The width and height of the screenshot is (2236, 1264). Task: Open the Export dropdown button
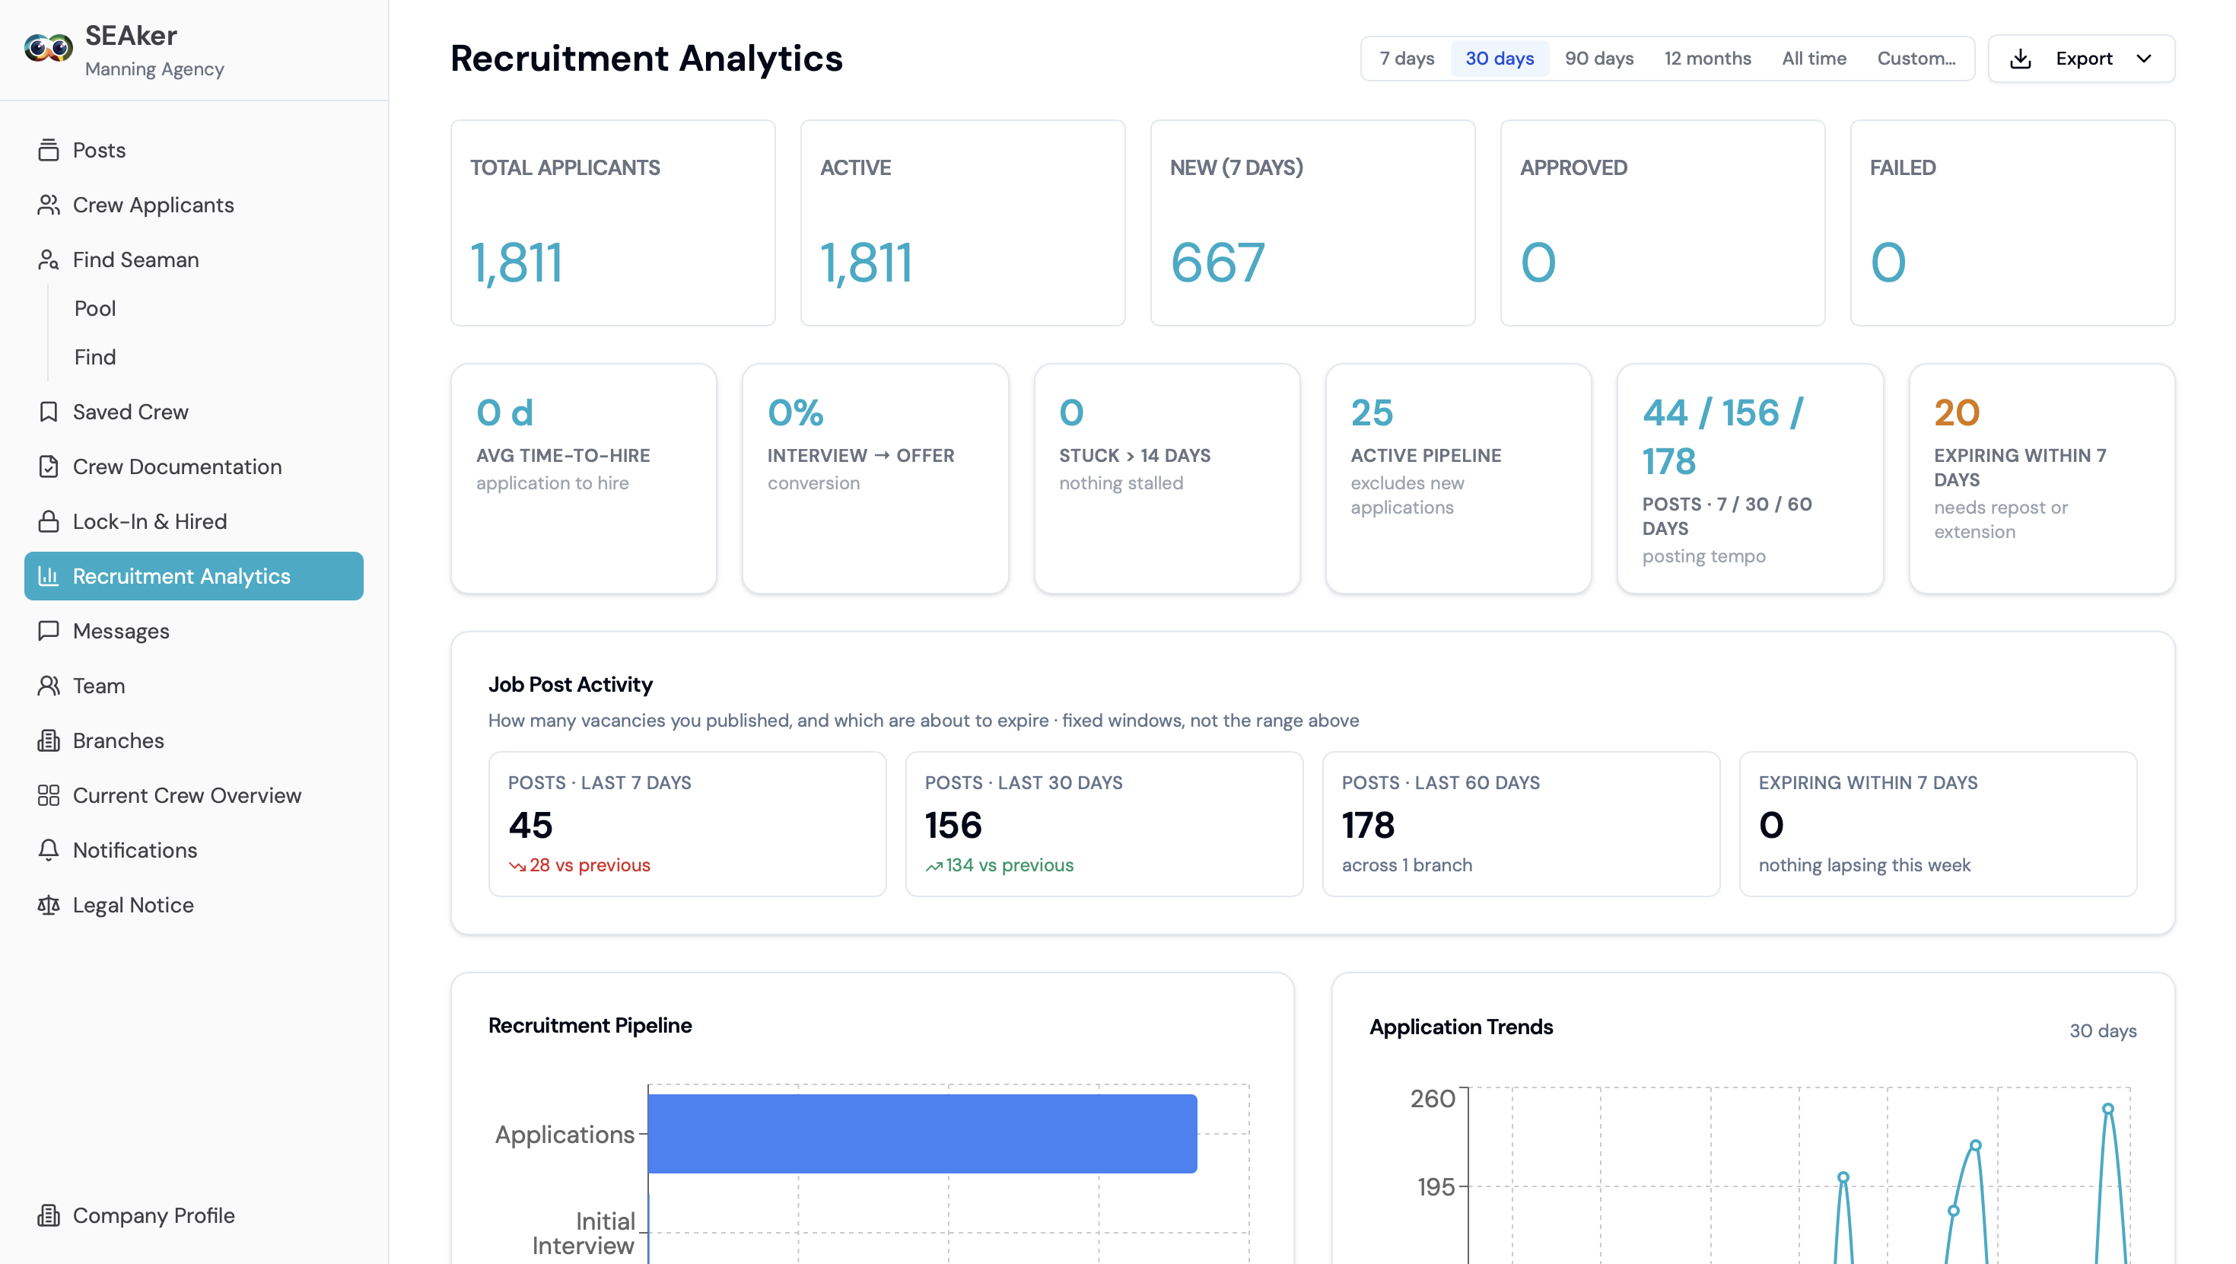[2081, 58]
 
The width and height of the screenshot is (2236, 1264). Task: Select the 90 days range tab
[1599, 58]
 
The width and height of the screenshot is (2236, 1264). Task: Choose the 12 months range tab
[1707, 58]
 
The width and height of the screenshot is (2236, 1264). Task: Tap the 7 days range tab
[1406, 58]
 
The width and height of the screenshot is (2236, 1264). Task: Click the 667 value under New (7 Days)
[1217, 263]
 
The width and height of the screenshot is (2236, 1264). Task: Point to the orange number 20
[1957, 412]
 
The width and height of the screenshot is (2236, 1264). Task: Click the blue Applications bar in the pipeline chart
[922, 1133]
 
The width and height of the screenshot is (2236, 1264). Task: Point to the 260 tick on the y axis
[1433, 1099]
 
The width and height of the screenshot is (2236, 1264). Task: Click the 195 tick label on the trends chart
[1436, 1186]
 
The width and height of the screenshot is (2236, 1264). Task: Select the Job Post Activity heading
[571, 684]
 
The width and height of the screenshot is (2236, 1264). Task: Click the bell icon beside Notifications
[49, 850]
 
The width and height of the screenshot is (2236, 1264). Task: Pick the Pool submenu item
[96, 308]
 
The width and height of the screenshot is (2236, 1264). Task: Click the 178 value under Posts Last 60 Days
[1368, 825]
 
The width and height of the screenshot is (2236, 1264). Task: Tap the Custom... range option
[1916, 58]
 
